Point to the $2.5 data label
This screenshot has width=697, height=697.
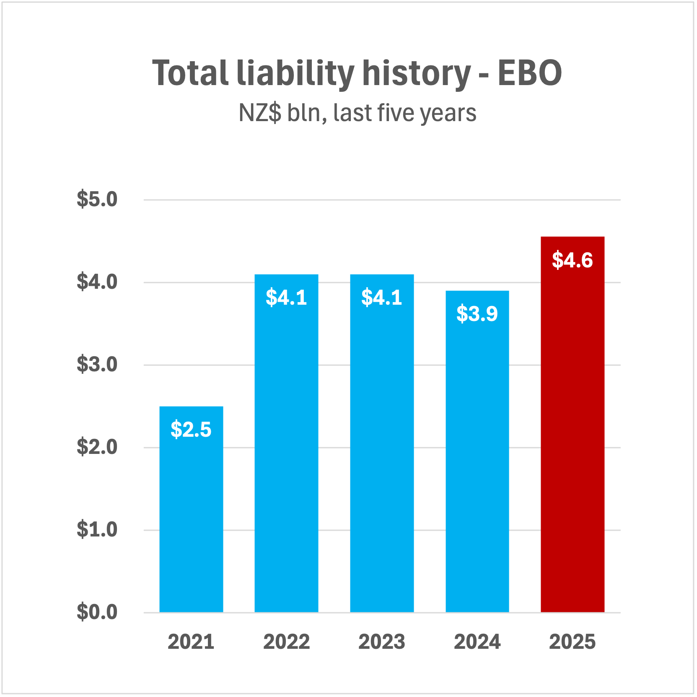pyautogui.click(x=191, y=430)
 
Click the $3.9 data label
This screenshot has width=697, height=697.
pyautogui.click(x=477, y=314)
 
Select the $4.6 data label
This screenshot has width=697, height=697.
pyautogui.click(x=573, y=260)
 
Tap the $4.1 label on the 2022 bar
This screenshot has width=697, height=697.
pyautogui.click(x=286, y=297)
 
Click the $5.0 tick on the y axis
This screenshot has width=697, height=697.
pyautogui.click(x=97, y=200)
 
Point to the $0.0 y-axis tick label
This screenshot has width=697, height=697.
pyautogui.click(x=97, y=612)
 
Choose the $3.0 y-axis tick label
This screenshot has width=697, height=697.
pyautogui.click(x=97, y=365)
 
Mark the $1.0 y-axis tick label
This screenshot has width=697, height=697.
pyautogui.click(x=97, y=530)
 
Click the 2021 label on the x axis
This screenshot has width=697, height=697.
pyautogui.click(x=191, y=642)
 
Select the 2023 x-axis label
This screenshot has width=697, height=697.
pyautogui.click(x=382, y=642)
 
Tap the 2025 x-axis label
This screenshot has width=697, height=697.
pyautogui.click(x=573, y=642)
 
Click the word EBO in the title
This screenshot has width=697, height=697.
pyautogui.click(x=530, y=73)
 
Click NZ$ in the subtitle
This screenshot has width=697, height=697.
pyautogui.click(x=260, y=113)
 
